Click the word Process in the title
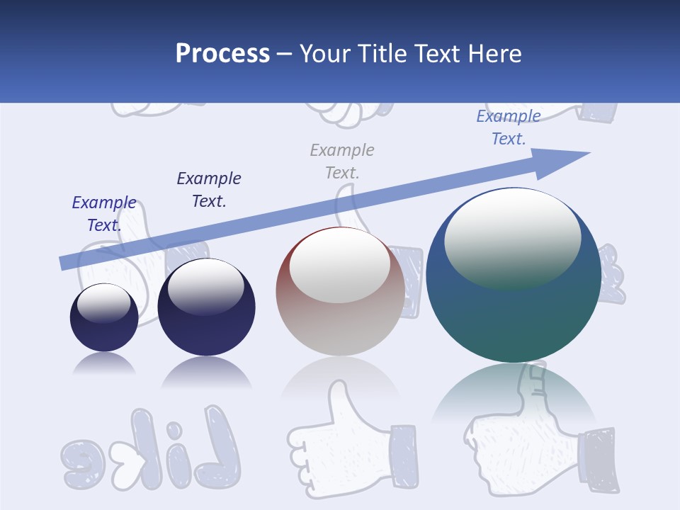[222, 54]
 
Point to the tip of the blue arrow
[588, 153]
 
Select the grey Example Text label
[342, 161]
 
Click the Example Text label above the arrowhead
[509, 127]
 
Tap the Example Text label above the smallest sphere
[104, 214]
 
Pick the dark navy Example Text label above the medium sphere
[209, 189]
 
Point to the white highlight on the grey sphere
[339, 264]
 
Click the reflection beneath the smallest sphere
[104, 364]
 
